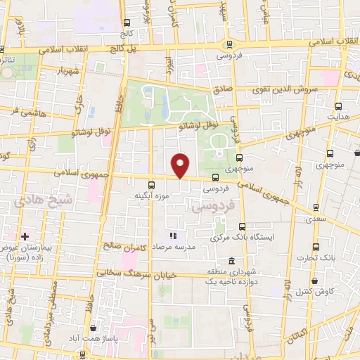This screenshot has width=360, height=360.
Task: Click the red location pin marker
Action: pos(181,165)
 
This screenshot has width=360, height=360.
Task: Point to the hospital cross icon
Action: pos(25,236)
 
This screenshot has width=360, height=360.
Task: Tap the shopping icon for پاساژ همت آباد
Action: pos(94,328)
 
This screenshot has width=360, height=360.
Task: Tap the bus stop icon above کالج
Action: pos(127,23)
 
